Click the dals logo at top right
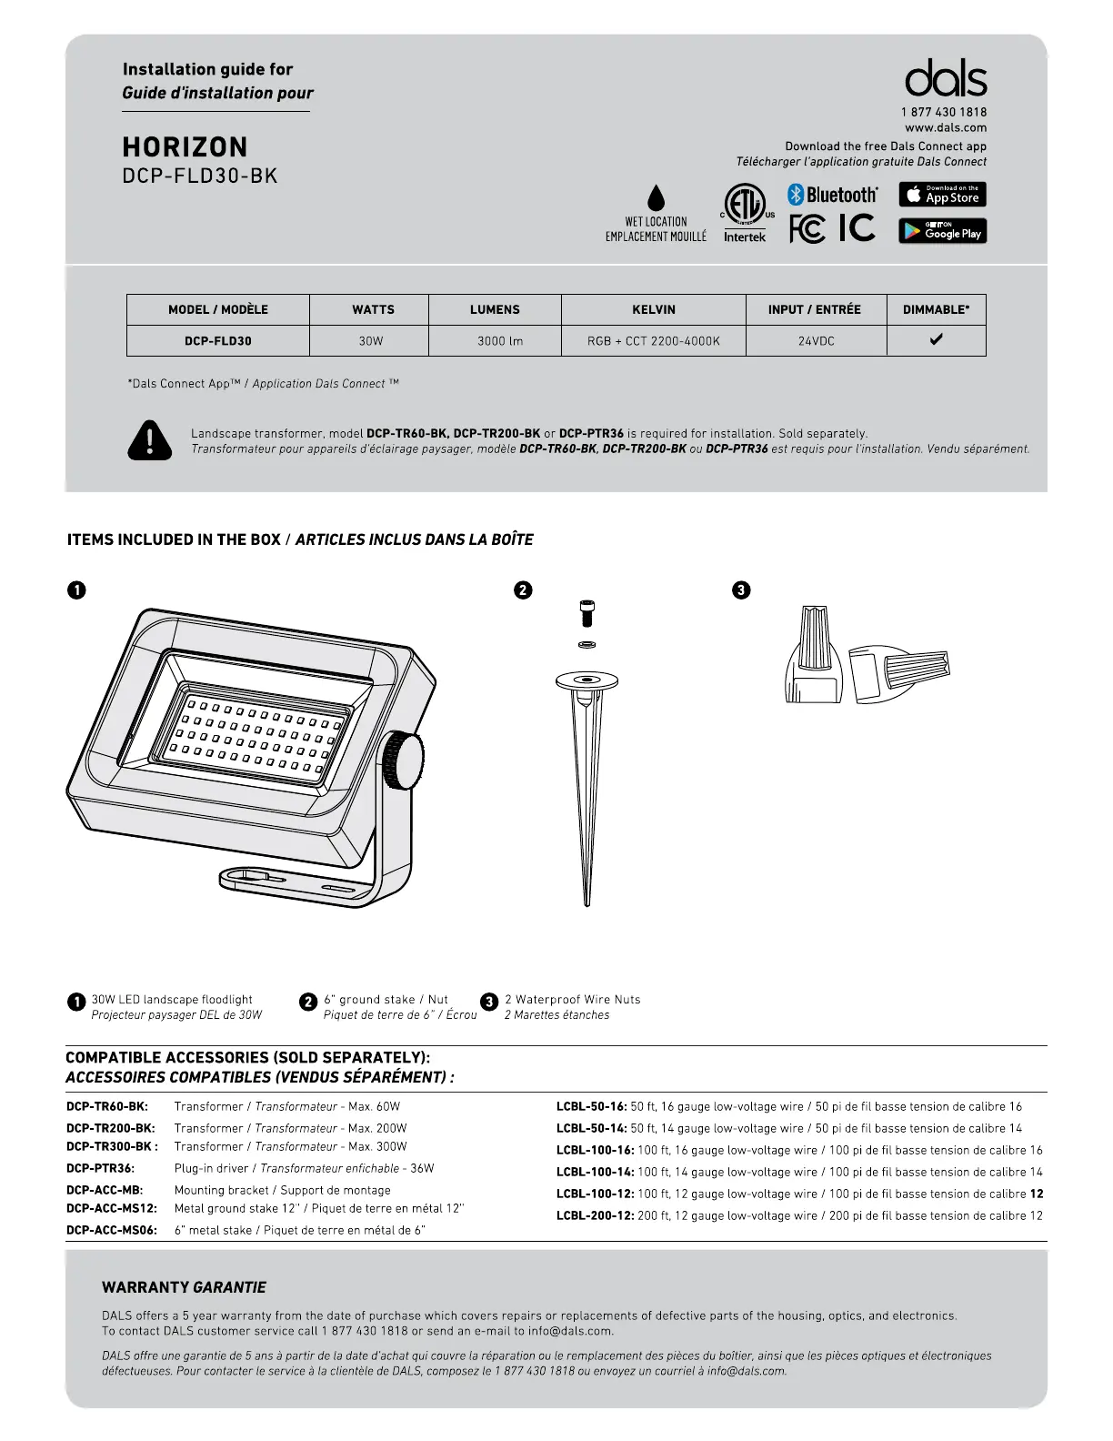click(946, 79)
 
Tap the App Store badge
click(942, 195)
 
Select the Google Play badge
click(942, 231)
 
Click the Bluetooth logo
click(832, 195)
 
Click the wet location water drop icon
click(656, 198)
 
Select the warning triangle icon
click(150, 440)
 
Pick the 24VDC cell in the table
click(816, 341)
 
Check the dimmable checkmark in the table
click(936, 339)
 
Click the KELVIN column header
click(653, 309)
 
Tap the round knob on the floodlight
click(403, 761)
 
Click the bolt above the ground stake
click(587, 613)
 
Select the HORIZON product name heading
click(185, 147)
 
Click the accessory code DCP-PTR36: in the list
click(100, 1168)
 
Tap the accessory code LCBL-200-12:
click(595, 1215)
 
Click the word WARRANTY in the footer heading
click(145, 1287)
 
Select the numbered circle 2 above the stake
click(523, 589)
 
